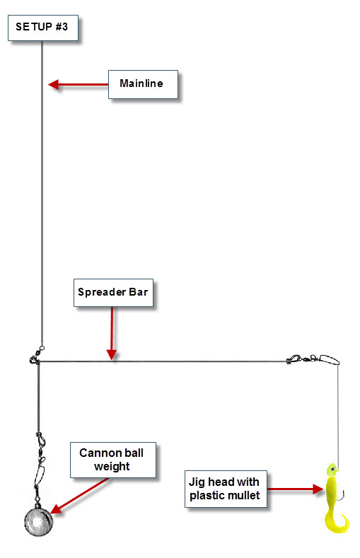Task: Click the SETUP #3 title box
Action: click(x=43, y=28)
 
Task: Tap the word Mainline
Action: click(x=141, y=83)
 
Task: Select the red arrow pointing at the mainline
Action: click(x=79, y=85)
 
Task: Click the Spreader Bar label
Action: click(x=113, y=293)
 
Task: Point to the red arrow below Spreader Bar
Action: click(x=112, y=333)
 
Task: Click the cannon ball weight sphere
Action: click(x=38, y=522)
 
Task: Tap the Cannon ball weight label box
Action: click(x=112, y=460)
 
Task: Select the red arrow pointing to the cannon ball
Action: click(x=80, y=496)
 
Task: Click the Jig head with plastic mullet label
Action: click(x=226, y=489)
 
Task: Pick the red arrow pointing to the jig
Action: click(x=295, y=489)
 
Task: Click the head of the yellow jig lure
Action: click(x=332, y=470)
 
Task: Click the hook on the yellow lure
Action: click(x=342, y=495)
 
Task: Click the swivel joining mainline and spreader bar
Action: click(x=36, y=356)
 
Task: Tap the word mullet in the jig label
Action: click(x=243, y=495)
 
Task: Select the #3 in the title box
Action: click(x=62, y=27)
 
